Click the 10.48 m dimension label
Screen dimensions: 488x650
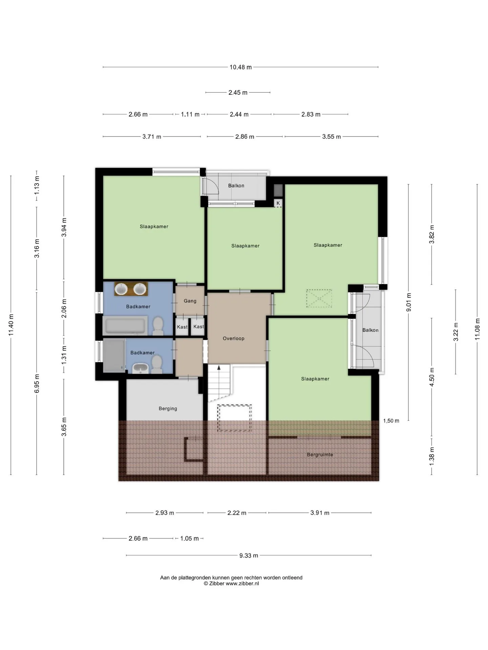pos(241,67)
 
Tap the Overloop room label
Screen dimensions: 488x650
pos(233,338)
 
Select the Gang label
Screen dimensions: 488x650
pos(190,301)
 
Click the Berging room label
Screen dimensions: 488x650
pos(168,409)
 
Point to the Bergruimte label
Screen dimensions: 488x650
pos(320,455)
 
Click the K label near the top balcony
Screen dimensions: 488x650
pos(278,203)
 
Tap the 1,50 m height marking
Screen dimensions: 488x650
pos(391,421)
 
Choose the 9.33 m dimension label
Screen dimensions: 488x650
pos(249,556)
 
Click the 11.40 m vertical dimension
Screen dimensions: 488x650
pos(11,325)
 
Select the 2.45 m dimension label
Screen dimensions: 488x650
pos(238,92)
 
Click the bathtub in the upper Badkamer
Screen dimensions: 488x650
pos(125,325)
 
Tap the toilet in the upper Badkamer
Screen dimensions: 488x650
pos(158,326)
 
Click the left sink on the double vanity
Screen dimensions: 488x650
pos(121,289)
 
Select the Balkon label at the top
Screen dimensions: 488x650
pos(236,186)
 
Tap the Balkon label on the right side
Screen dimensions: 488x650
pos(370,330)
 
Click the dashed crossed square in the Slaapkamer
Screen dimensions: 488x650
pos(319,298)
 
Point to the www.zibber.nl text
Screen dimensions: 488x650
pos(242,583)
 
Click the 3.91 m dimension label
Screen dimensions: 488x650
pos(320,513)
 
